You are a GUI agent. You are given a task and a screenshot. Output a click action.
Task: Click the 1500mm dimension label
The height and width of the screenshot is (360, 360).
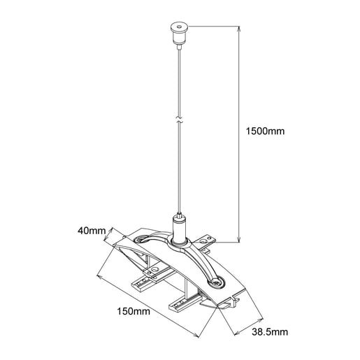click(x=266, y=131)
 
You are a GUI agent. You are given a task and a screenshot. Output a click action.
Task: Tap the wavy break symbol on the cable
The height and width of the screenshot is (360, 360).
click(x=180, y=121)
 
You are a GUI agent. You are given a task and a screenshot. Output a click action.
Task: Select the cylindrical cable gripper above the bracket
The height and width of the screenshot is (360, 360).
click(x=180, y=228)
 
